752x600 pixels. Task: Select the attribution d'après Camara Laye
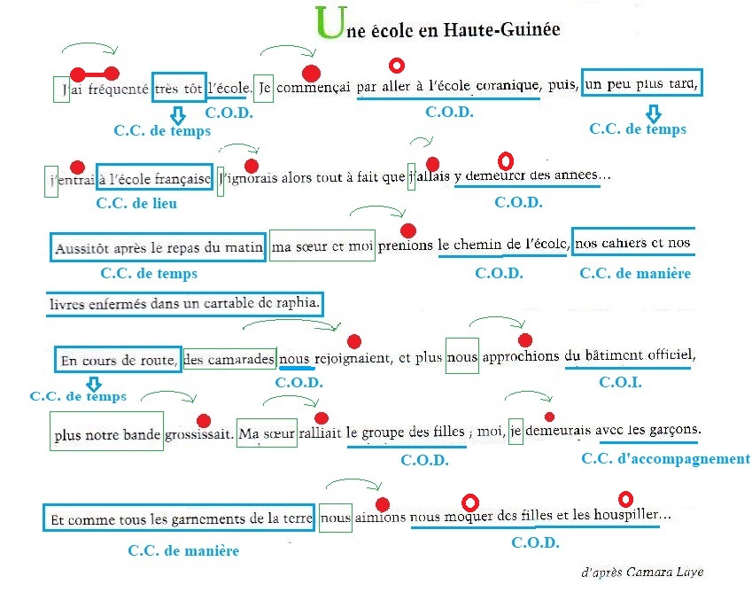(642, 572)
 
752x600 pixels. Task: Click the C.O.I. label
(620, 382)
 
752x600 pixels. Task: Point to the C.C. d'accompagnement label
(665, 458)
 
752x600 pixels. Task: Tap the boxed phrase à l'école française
(154, 178)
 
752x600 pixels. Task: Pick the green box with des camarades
(229, 359)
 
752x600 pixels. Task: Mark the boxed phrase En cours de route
(118, 360)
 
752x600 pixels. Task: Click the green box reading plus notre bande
(106, 435)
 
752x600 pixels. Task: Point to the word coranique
(508, 86)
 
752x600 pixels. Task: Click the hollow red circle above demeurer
(506, 161)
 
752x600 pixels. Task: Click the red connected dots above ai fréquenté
(96, 73)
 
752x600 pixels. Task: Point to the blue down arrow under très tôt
(177, 114)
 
